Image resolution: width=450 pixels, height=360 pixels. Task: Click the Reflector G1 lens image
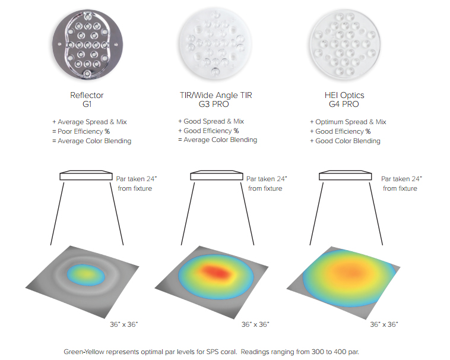(88, 45)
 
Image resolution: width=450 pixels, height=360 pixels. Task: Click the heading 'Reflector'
(87, 94)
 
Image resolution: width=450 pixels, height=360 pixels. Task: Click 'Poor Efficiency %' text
(83, 131)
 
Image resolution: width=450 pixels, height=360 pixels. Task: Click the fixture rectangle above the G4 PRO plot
(345, 176)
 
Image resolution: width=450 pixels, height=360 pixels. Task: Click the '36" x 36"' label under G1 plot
(124, 324)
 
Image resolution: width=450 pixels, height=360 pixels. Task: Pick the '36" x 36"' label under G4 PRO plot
(384, 324)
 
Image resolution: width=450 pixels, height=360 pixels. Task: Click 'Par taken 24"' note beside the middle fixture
(267, 178)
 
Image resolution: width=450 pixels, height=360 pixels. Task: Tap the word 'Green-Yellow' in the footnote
(83, 351)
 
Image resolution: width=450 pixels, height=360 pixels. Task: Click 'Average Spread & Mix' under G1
(92, 122)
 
